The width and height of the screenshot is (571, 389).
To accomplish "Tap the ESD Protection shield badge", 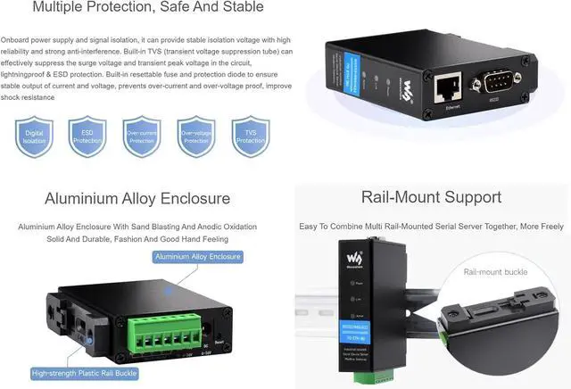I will pos(87,137).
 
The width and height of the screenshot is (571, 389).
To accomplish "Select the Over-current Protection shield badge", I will pos(142,137).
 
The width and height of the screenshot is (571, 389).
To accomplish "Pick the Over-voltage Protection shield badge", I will pos(196,137).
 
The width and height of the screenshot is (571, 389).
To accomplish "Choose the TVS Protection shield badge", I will pos(251,137).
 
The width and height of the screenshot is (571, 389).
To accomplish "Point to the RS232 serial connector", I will pos(499,83).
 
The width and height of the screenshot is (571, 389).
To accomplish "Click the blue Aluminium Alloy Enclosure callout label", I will pos(197,257).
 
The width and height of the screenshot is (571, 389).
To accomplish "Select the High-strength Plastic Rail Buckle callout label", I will pos(81,374).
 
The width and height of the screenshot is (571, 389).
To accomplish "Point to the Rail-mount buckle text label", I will pos(496,271).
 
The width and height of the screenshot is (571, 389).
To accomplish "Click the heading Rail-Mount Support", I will pos(431,197).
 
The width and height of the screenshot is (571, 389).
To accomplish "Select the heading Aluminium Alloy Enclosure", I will pos(137,199).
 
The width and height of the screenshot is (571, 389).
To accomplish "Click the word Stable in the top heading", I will pos(240,8).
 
